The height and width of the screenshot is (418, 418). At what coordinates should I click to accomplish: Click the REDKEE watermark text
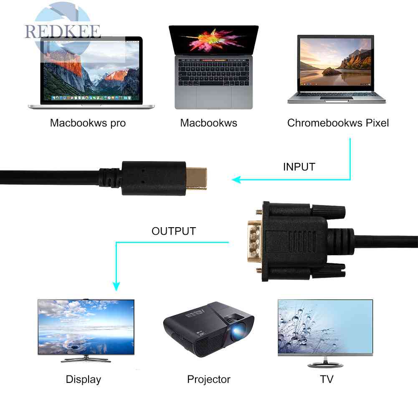click(63, 32)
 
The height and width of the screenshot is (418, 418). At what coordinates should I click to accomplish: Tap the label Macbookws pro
click(88, 123)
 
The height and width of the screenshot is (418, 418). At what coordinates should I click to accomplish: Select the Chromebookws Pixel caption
click(338, 123)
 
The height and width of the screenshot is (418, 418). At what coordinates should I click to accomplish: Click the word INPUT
click(299, 167)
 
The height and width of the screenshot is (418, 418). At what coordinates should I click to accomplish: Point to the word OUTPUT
click(173, 231)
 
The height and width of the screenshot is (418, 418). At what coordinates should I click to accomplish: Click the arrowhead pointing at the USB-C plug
click(237, 180)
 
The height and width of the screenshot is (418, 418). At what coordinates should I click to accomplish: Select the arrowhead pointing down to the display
click(116, 286)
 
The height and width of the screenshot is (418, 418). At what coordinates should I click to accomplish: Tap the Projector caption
click(209, 379)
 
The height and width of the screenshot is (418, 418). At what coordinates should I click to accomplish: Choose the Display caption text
click(84, 379)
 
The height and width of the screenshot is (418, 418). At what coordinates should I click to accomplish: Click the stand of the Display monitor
click(86, 359)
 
